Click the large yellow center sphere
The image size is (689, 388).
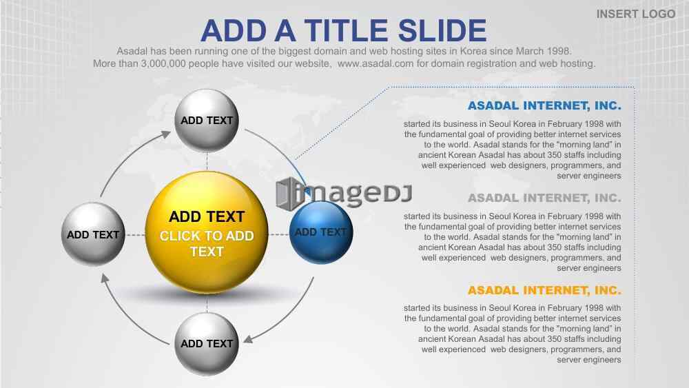(207, 232)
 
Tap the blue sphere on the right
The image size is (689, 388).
(321, 232)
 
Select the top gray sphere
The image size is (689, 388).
(207, 121)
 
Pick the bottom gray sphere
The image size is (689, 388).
(207, 344)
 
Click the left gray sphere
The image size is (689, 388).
(93, 234)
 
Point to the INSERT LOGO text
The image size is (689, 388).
(636, 14)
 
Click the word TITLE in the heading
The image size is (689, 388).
(345, 31)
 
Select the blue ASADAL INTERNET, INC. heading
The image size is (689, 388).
(544, 106)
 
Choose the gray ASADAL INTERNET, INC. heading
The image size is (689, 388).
(544, 198)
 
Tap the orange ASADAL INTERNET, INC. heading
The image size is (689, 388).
(544, 290)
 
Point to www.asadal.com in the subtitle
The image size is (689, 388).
(376, 63)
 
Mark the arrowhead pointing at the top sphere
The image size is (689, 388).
(165, 135)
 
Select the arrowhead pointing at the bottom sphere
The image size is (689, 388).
(248, 339)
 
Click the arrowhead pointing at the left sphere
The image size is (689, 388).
(105, 278)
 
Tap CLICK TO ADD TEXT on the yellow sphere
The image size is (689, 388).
(207, 244)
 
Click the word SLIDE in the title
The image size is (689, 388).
(442, 31)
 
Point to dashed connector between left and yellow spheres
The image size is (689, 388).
(135, 235)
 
